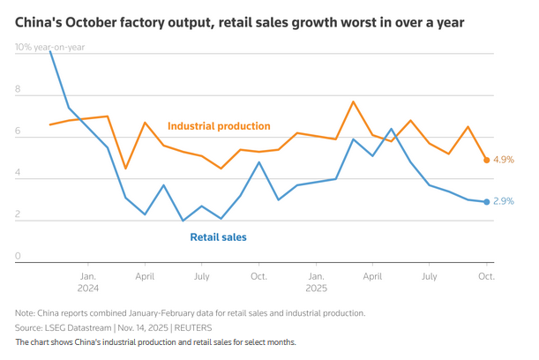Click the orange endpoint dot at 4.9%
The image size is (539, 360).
click(x=486, y=160)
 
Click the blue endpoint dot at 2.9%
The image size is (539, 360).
click(x=486, y=202)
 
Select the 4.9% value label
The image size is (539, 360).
click(x=504, y=160)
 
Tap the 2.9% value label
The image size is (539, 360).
click(x=504, y=202)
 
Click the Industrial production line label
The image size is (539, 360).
click(x=219, y=126)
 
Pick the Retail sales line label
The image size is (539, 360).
click(x=218, y=236)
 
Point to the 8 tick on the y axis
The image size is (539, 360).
click(x=18, y=89)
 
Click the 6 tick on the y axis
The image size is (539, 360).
click(x=18, y=131)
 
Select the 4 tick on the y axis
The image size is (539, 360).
click(x=18, y=174)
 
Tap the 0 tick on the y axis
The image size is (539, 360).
click(x=18, y=258)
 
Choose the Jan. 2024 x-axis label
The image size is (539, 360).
click(x=88, y=281)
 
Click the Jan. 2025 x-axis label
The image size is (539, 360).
click(x=316, y=281)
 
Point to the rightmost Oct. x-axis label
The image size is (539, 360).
click(x=485, y=276)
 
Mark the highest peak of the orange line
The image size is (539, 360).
click(x=353, y=101)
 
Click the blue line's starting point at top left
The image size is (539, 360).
click(x=50, y=51)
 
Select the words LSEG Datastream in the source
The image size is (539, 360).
click(x=75, y=326)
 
